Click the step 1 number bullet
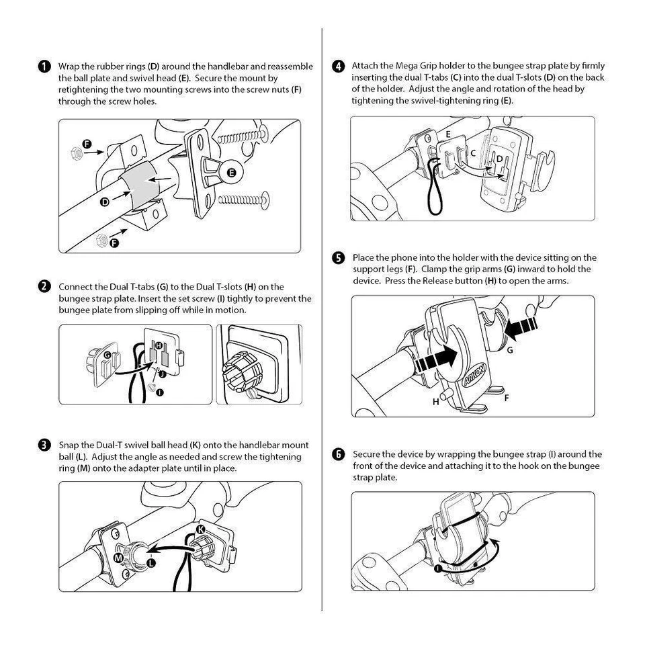coord(44,67)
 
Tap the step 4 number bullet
coord(339,66)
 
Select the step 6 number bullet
coord(339,455)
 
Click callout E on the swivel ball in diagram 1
coord(232,173)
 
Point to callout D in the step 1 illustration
coord(105,202)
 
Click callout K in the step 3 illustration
coord(200,530)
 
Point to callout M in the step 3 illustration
coord(118,558)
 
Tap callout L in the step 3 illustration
coord(151,562)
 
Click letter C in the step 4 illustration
coord(473,153)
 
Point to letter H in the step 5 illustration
coord(435,402)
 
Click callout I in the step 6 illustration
coord(438,568)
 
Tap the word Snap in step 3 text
coord(69,445)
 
